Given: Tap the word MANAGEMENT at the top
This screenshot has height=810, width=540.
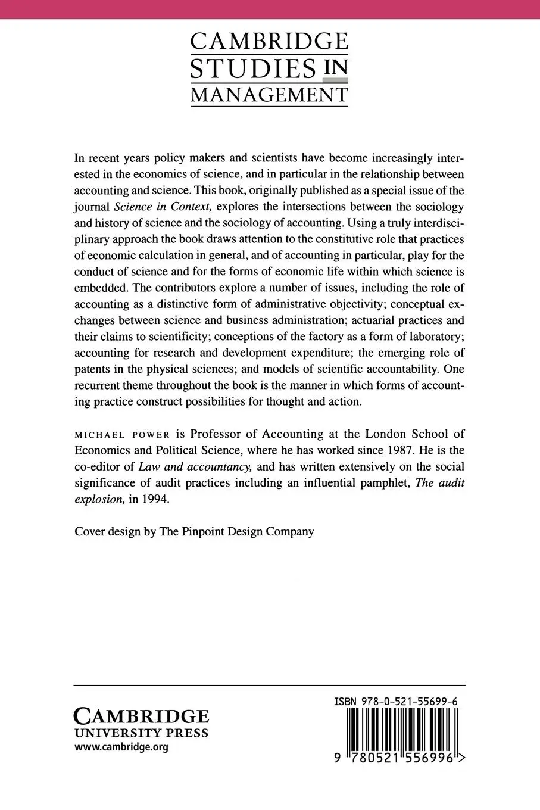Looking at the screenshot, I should pyautogui.click(x=269, y=95).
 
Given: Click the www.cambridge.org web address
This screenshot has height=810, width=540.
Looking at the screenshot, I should pyautogui.click(x=121, y=747).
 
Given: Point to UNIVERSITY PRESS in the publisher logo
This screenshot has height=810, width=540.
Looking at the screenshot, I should pyautogui.click(x=141, y=733).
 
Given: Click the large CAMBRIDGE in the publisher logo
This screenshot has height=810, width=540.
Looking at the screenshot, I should pyautogui.click(x=141, y=716).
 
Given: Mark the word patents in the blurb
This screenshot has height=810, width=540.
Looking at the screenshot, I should pyautogui.click(x=92, y=369).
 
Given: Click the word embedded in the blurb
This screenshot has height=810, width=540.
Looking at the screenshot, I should pyautogui.click(x=100, y=288).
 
